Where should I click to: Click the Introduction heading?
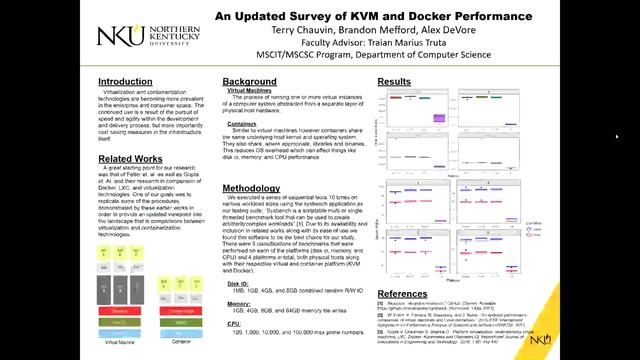125,81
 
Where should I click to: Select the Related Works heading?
130,159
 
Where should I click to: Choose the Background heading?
249,81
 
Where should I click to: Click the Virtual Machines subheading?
250,93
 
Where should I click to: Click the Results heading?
394,81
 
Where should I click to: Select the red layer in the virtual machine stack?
120,311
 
